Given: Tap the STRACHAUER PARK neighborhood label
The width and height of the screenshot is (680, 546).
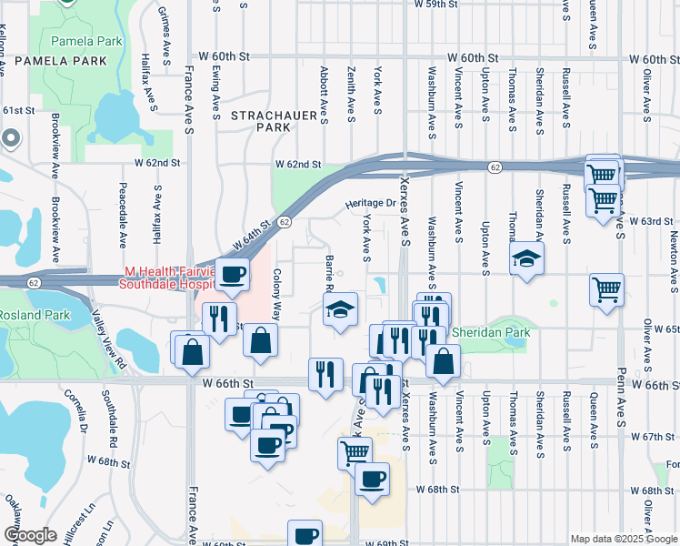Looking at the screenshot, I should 261,121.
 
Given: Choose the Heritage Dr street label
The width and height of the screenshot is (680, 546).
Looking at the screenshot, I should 371,204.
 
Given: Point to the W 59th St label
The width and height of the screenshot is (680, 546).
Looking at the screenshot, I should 445,5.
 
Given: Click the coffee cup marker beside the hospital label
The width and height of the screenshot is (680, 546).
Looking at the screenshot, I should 232,274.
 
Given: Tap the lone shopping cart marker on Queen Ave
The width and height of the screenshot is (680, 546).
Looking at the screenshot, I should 606,290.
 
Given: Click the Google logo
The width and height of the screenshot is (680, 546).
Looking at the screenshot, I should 30,535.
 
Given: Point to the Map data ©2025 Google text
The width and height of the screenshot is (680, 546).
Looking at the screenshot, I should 623,539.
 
